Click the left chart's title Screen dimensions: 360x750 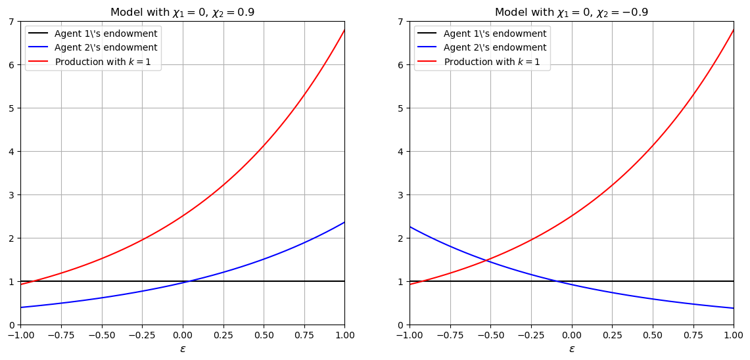[182, 12]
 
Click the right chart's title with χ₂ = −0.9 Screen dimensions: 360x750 [571, 12]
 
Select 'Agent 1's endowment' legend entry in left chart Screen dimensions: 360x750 [106, 34]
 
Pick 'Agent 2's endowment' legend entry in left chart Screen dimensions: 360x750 [106, 47]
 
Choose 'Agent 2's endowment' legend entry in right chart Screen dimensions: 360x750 [495, 47]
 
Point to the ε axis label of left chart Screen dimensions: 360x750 [183, 349]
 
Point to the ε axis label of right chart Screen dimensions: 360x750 [572, 349]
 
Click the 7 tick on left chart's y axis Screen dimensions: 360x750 [12, 22]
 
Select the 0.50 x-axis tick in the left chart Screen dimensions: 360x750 [264, 335]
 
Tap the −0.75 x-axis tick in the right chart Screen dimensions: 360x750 [450, 335]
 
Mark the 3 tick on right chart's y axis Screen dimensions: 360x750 [402, 195]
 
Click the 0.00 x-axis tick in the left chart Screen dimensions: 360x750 [183, 335]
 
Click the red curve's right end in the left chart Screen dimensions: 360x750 [344, 30]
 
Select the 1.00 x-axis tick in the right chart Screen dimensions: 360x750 [734, 335]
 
